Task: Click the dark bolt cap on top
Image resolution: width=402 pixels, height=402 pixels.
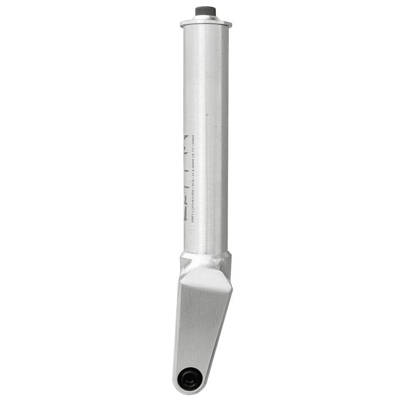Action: (x=205, y=10)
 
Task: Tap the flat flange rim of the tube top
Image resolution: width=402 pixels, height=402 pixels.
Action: (x=205, y=24)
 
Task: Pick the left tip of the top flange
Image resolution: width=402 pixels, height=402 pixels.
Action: (x=181, y=24)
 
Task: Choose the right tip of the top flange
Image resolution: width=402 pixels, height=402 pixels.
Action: (x=230, y=24)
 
